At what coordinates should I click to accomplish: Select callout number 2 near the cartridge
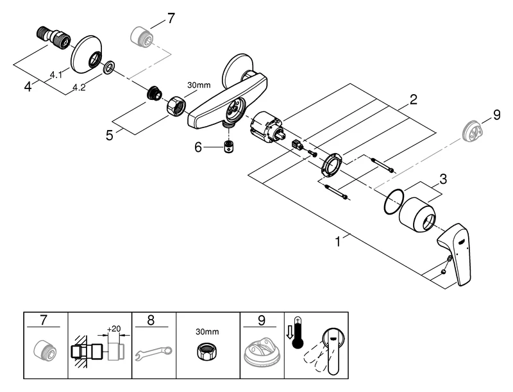click(x=414, y=99)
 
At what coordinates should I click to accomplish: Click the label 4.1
click(x=56, y=75)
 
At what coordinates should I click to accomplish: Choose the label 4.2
click(x=80, y=87)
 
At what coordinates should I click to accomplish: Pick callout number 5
click(x=110, y=136)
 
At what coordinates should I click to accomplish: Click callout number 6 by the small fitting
click(x=199, y=147)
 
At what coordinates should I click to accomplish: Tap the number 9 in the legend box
click(x=261, y=320)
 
